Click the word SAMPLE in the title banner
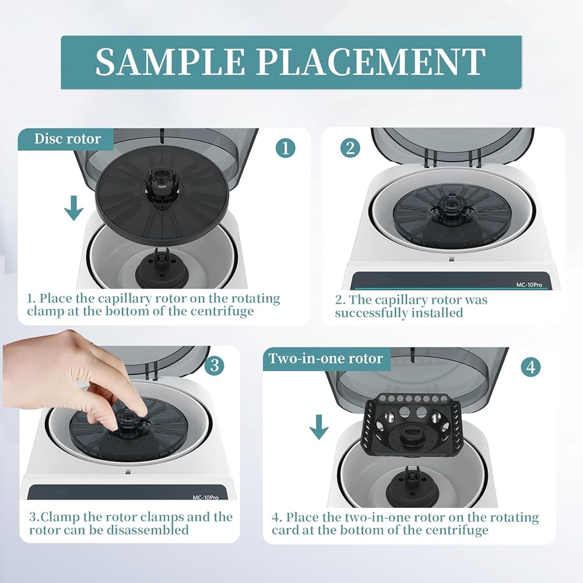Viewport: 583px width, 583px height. click(170, 62)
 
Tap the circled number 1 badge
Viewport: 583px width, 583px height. click(286, 148)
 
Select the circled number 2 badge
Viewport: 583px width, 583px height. click(350, 148)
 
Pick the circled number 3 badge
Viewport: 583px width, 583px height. click(215, 366)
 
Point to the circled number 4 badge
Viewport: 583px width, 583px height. click(531, 367)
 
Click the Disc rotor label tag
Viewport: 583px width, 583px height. click(66, 139)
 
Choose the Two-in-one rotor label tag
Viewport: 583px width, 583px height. click(326, 359)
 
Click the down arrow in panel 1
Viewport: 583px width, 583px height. click(73, 208)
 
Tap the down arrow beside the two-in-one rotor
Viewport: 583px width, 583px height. click(319, 427)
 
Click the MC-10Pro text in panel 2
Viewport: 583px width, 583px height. click(529, 285)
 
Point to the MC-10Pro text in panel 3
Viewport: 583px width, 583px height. click(205, 497)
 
